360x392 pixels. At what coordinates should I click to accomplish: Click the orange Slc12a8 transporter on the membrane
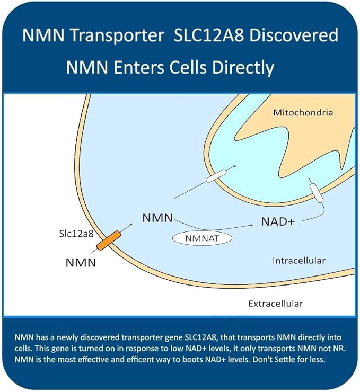coord(109,240)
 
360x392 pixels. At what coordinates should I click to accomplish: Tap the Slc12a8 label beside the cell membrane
coord(76,234)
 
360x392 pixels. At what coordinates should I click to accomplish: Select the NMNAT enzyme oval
coord(202,238)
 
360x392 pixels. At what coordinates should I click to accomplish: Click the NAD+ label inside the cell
coord(278,221)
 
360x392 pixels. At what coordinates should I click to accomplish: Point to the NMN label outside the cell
coord(81,263)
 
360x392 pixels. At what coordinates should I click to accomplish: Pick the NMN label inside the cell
coord(157,218)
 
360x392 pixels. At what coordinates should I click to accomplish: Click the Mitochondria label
coord(303,112)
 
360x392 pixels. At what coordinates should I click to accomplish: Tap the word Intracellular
coord(299,261)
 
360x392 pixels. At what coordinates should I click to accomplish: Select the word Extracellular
coord(276,304)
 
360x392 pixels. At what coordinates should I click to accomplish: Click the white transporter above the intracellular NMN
coord(216,176)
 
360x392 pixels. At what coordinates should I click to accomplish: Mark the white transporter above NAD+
coord(316,192)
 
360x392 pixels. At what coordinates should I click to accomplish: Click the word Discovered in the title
coord(294,35)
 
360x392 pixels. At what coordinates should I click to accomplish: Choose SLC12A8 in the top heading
coord(208,35)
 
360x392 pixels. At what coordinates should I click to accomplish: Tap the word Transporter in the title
coord(117,35)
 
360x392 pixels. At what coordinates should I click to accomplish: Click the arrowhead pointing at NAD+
coord(251,225)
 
